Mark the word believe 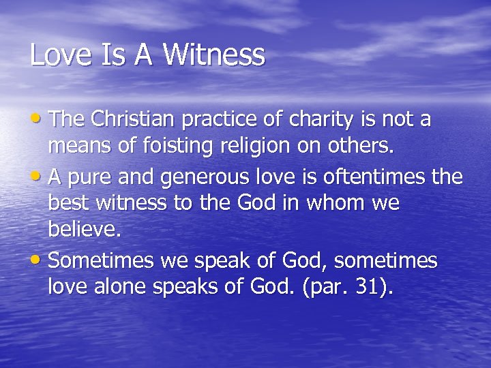pyautogui.click(x=84, y=229)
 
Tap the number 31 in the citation pyautogui.click(x=369, y=287)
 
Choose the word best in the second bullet pyautogui.click(x=68, y=203)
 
